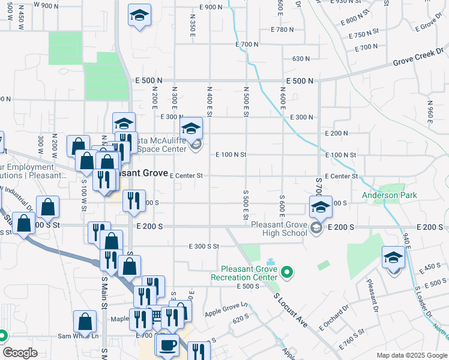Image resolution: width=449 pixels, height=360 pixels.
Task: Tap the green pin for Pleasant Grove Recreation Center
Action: coord(287,273)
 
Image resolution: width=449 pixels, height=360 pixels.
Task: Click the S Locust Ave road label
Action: coord(291,310)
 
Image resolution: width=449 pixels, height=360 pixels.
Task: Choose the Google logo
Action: coord(19,353)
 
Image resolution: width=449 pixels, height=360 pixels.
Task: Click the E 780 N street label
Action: coord(285,29)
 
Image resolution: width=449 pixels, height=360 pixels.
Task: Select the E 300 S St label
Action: coord(203,247)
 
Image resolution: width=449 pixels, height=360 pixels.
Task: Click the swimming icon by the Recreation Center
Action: coord(270,262)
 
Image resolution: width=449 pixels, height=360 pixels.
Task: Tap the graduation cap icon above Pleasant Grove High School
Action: coord(321,207)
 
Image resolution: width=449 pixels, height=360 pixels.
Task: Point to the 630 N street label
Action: coord(301,59)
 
